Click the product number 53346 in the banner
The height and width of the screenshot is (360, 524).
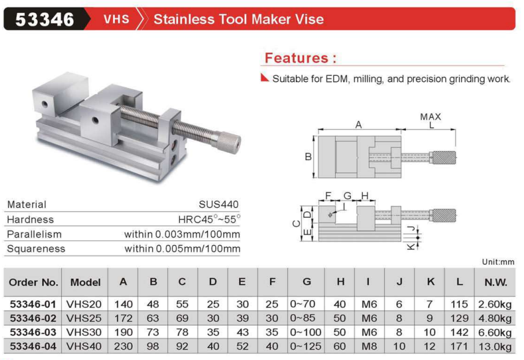point(45,20)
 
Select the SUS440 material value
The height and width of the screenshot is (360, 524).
point(218,204)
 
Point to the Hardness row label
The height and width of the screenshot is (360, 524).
point(31,219)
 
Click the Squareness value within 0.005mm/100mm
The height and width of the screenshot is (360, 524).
point(182,249)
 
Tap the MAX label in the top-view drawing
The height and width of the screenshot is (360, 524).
point(430,117)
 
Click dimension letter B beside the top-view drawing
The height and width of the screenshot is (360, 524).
point(308,156)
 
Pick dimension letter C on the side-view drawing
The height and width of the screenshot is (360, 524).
point(297,224)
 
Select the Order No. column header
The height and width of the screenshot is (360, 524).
point(34,282)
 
